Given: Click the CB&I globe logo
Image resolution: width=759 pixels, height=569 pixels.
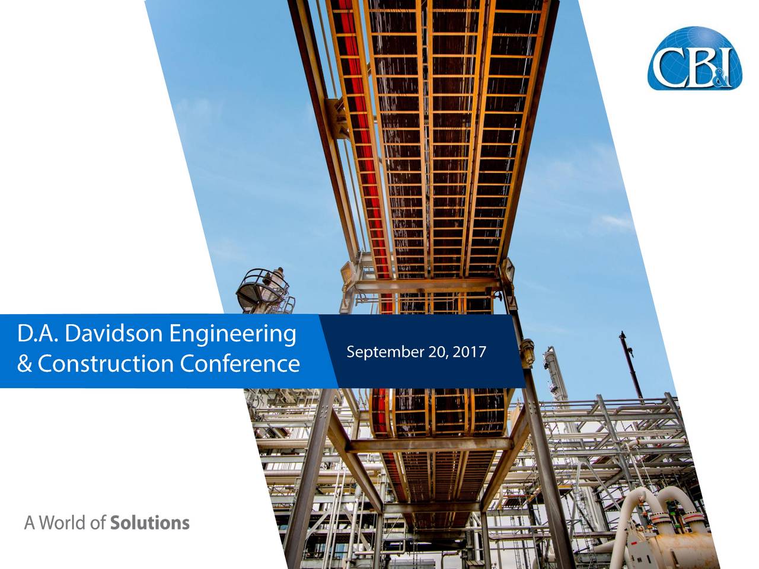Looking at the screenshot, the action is [694, 58].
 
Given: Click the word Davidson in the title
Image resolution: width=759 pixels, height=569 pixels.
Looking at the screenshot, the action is [114, 334].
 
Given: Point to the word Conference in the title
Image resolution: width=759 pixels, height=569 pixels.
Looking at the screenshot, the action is [240, 363].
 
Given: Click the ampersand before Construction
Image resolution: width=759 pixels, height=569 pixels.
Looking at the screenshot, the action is [24, 364].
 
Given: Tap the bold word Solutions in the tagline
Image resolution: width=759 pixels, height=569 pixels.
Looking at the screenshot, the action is [150, 523].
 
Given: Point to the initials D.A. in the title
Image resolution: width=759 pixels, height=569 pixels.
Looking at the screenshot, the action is [38, 334].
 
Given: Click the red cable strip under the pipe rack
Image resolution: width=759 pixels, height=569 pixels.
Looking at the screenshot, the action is [366, 138].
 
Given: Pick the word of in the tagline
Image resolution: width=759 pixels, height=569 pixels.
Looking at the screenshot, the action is [98, 523].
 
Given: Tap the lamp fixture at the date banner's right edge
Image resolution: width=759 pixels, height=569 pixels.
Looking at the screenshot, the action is [527, 353].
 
